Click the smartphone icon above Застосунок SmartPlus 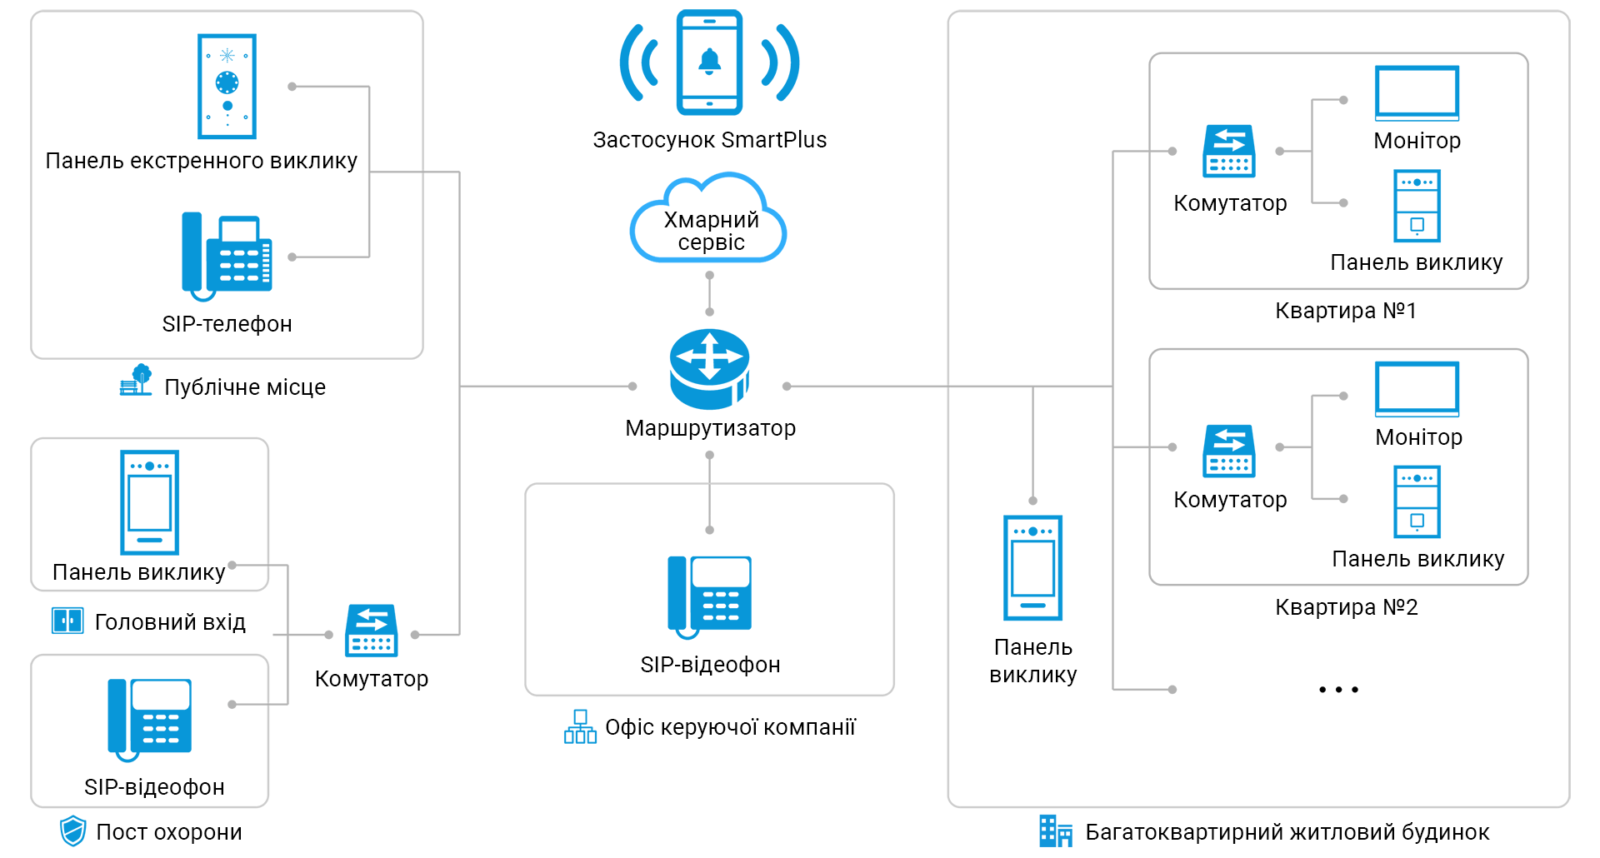coord(709,62)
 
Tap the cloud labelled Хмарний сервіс coord(709,222)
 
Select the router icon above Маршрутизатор coord(709,368)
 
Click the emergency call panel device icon coord(227,86)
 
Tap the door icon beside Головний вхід coord(67,621)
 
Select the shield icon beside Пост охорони coord(73,831)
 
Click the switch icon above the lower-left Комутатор coord(372,631)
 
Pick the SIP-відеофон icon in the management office coord(709,596)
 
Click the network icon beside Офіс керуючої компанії coord(580,726)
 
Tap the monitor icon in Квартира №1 coord(1417,93)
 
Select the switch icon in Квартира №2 coord(1229,451)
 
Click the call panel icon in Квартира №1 coord(1417,206)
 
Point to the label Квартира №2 coord(1346,607)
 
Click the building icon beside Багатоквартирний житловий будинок coord(1055,831)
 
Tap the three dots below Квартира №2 coord(1338,690)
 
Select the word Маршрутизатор coord(710,428)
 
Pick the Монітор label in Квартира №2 coord(1418,437)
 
